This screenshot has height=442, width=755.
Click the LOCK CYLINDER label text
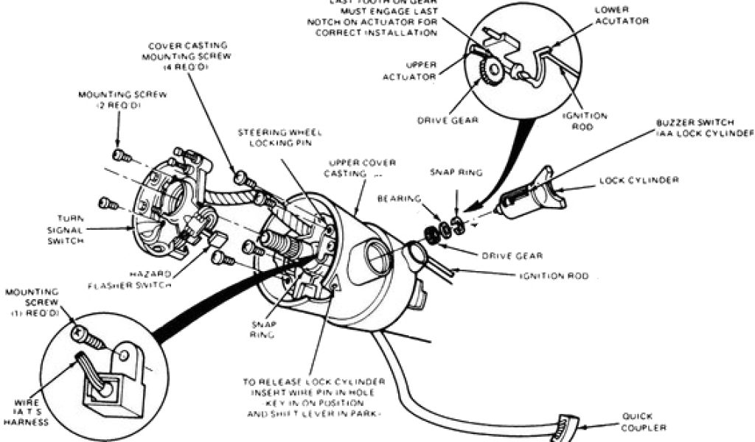click(x=639, y=180)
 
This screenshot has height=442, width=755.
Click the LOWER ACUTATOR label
click(x=621, y=15)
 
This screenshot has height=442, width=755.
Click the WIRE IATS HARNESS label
click(x=28, y=413)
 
